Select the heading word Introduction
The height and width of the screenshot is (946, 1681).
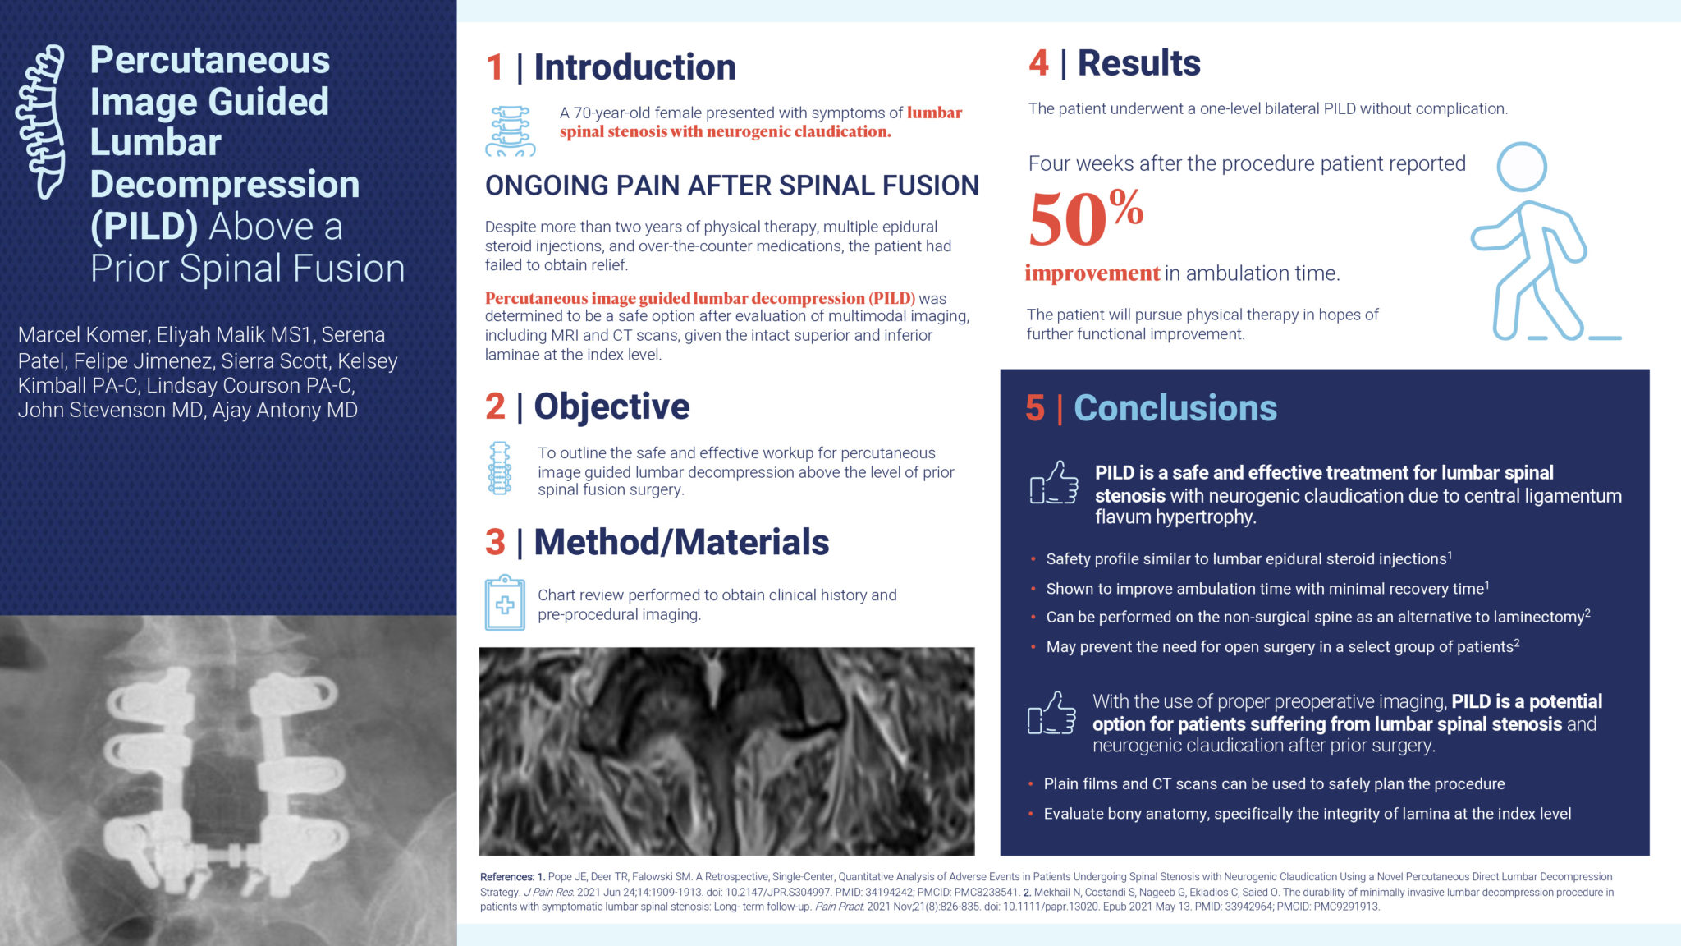pyautogui.click(x=634, y=67)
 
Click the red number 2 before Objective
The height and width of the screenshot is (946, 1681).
pyautogui.click(x=495, y=406)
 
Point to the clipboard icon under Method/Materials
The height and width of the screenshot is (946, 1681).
pyautogui.click(x=505, y=604)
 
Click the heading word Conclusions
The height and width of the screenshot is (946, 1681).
pyautogui.click(x=1175, y=408)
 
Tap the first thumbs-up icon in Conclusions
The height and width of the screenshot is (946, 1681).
pyautogui.click(x=1054, y=483)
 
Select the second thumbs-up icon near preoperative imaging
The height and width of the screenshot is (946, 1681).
pyautogui.click(x=1051, y=713)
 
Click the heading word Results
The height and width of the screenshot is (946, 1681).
pyautogui.click(x=1138, y=63)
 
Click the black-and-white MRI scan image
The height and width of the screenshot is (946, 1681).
pyautogui.click(x=726, y=751)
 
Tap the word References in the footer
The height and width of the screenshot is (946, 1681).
pyautogui.click(x=506, y=877)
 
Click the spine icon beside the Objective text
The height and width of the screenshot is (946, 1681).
pyautogui.click(x=499, y=469)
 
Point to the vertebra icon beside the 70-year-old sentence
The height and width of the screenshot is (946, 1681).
pyautogui.click(x=511, y=131)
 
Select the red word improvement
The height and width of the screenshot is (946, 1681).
pyautogui.click(x=1092, y=273)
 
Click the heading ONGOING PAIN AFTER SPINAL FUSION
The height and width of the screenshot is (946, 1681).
pyautogui.click(x=731, y=186)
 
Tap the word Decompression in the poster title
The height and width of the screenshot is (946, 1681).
pyautogui.click(x=225, y=185)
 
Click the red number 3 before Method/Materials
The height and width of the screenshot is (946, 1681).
pyautogui.click(x=495, y=543)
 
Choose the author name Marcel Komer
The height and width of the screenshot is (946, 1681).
pyautogui.click(x=83, y=335)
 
